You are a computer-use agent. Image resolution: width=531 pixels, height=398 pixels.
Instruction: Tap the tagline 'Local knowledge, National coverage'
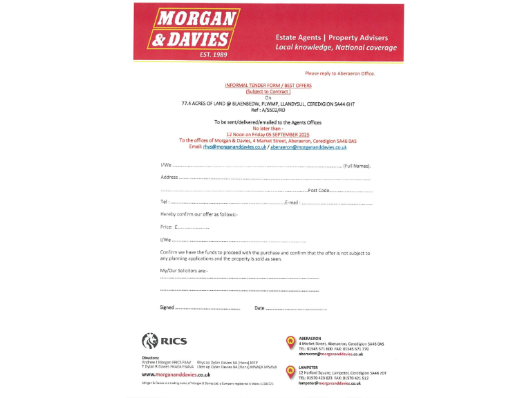336,48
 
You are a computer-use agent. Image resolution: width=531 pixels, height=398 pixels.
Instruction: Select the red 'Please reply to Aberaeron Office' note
340,73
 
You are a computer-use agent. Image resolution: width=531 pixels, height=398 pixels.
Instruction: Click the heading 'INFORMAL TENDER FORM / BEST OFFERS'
268,86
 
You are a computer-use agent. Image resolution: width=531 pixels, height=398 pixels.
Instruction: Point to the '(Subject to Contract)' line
268,91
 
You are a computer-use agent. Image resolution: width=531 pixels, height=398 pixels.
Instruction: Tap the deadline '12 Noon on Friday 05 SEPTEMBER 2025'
269,134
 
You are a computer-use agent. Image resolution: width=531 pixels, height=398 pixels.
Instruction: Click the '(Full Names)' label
357,166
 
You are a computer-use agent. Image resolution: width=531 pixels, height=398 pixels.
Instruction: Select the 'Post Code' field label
318,190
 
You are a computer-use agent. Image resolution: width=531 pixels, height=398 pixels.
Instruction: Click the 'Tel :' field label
165,202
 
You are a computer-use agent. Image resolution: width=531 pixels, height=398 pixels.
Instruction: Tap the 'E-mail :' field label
292,202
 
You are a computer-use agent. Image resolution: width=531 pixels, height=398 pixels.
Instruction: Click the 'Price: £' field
169,227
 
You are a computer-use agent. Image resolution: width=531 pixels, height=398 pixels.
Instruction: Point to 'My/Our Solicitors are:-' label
184,270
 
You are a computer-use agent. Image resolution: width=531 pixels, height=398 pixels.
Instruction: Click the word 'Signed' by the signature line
167,307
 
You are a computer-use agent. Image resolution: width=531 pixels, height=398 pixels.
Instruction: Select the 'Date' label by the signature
259,307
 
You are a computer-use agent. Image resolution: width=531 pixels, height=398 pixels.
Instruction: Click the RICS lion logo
150,340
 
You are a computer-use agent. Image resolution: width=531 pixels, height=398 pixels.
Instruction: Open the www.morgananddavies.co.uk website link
176,374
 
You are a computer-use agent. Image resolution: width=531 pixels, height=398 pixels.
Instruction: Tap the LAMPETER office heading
308,368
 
